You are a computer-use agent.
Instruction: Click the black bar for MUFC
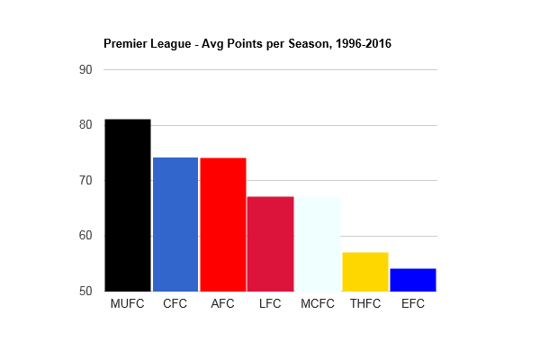coord(127,205)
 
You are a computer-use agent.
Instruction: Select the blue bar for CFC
coord(175,224)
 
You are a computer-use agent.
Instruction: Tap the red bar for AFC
coord(222,224)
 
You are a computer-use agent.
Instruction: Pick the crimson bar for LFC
coord(270,244)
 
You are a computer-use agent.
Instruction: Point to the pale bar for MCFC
coord(318,244)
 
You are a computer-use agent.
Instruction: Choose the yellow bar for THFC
coord(365,272)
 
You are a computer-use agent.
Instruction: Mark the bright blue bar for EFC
coord(413,280)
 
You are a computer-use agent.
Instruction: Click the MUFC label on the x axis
coord(127,304)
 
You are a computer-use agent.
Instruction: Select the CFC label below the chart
coord(175,304)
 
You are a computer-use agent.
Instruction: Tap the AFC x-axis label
coord(222,304)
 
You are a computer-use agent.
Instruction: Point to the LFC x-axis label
coord(270,304)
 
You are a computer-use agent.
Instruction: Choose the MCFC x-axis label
coord(318,304)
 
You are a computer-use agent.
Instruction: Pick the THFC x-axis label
coord(365,304)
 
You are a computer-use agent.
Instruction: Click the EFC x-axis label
coord(413,304)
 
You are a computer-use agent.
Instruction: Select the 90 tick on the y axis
coord(86,69)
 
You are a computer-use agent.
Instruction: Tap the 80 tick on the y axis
coord(86,125)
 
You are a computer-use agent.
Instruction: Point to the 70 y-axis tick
coord(86,180)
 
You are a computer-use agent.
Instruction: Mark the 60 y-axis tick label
coord(86,236)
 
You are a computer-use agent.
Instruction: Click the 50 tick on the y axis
coord(86,292)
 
